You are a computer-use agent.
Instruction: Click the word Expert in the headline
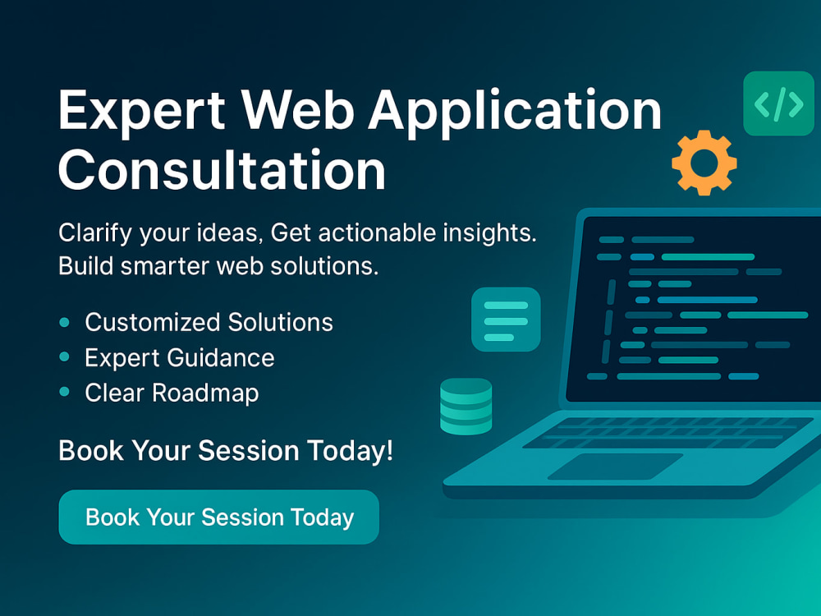[139, 111]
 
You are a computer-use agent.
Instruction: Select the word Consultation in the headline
[222, 171]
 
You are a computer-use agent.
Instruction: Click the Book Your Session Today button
[219, 517]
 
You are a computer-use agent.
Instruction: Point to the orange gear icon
[704, 163]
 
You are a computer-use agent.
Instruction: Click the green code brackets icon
[778, 103]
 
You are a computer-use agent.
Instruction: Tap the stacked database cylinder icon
[466, 407]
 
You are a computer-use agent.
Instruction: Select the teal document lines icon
[506, 319]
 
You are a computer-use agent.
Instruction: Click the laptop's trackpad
[615, 467]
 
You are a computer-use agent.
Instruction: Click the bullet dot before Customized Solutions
[65, 323]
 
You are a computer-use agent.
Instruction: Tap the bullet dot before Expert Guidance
[65, 358]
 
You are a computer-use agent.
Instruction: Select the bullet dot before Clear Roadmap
[65, 393]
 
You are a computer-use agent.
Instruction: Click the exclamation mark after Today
[388, 450]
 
